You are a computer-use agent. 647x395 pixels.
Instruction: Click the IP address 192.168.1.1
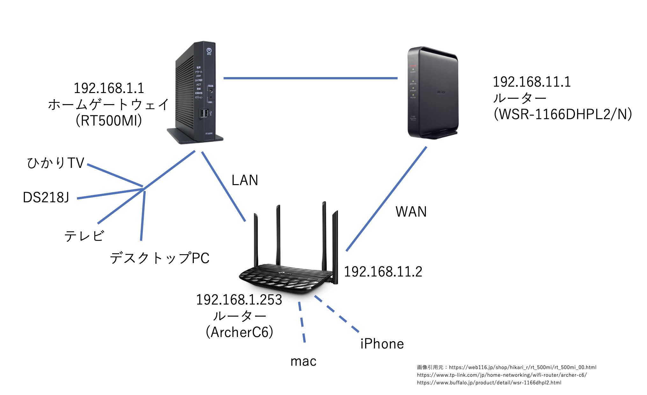tap(109, 89)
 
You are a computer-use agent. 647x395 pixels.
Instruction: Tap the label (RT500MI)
tap(109, 121)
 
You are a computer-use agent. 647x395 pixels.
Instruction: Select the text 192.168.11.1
tap(532, 82)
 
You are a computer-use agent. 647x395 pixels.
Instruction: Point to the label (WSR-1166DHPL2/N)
tap(563, 114)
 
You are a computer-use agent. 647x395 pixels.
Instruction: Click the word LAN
tap(244, 181)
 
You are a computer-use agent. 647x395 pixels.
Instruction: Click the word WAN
tap(411, 212)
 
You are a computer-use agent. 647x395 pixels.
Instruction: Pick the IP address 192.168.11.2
tap(383, 272)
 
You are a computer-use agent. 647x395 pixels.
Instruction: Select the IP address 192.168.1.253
tap(239, 300)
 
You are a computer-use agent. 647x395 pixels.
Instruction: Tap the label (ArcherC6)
tap(239, 332)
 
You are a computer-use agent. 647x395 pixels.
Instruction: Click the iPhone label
tap(382, 344)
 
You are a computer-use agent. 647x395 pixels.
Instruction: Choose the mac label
tap(303, 362)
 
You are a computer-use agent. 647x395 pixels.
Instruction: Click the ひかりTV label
tap(55, 163)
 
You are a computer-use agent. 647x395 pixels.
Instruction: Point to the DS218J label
tap(46, 197)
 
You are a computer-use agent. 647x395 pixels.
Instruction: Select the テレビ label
tap(84, 236)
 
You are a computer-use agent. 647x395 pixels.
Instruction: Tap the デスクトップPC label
tap(159, 258)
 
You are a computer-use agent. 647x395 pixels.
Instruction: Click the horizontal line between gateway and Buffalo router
tap(310, 78)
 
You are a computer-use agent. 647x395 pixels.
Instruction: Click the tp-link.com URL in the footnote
tap(502, 375)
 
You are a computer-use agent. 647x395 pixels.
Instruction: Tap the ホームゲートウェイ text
tap(109, 104)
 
